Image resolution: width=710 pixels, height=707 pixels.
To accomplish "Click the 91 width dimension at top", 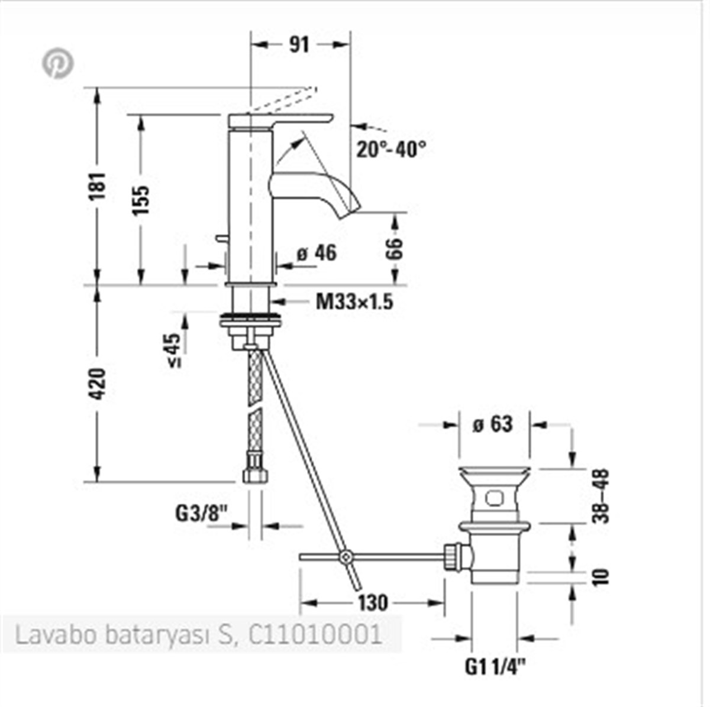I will pyautogui.click(x=300, y=45).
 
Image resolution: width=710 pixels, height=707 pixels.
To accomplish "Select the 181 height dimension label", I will pyautogui.click(x=98, y=186).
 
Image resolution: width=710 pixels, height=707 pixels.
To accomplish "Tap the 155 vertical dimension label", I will pyautogui.click(x=141, y=200).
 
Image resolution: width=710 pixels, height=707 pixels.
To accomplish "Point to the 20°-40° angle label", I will pyautogui.click(x=391, y=149).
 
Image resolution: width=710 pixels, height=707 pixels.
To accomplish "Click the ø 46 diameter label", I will pyautogui.click(x=317, y=253).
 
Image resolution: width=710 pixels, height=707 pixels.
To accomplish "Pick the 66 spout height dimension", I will pyautogui.click(x=395, y=248).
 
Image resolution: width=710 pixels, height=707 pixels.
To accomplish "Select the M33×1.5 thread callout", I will pyautogui.click(x=354, y=301).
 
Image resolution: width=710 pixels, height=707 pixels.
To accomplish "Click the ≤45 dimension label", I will pyautogui.click(x=173, y=351).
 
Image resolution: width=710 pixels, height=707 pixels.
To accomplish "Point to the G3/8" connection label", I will pyautogui.click(x=202, y=513).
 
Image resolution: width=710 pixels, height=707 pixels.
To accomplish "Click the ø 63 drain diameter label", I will pyautogui.click(x=492, y=424).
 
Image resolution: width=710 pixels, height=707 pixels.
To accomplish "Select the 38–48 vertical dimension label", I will pyautogui.click(x=601, y=495).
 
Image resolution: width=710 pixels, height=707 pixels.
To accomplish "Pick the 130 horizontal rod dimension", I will pyautogui.click(x=373, y=602).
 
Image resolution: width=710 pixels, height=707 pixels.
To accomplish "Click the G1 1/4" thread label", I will pyautogui.click(x=495, y=667).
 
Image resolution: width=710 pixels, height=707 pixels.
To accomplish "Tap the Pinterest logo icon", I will pyautogui.click(x=58, y=63).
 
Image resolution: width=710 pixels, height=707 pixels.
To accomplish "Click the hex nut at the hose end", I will pyautogui.click(x=254, y=475).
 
